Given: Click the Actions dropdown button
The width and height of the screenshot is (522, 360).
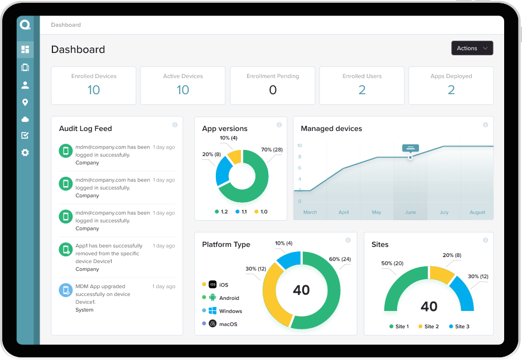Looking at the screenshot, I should tap(472, 48).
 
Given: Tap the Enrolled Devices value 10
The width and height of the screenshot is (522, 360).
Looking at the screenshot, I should tap(94, 90).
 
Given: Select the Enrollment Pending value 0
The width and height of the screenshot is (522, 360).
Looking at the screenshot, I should tap(273, 90).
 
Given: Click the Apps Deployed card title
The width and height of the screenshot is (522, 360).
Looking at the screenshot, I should tap(451, 76).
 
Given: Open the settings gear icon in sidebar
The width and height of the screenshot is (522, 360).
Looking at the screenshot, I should tap(25, 152).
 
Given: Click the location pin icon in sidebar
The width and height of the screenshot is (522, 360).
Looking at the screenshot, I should tap(25, 103).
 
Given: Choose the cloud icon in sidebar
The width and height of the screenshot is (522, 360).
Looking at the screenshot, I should tap(25, 119).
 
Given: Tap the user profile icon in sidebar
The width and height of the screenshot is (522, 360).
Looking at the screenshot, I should tap(25, 85).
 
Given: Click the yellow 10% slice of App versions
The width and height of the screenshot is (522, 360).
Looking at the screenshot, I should tap(234, 156).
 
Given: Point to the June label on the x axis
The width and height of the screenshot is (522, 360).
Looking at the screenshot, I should tap(410, 212).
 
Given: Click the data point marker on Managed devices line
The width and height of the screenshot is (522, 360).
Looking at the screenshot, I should tap(410, 157).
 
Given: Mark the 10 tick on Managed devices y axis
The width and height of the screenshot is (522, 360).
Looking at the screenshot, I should tap(299, 145).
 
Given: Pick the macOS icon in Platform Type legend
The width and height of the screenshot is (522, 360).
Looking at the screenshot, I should tap(212, 324).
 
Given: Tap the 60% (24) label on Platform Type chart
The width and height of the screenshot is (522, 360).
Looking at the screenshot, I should tap(340, 259).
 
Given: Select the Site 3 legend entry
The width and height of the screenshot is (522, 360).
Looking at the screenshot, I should tap(459, 327).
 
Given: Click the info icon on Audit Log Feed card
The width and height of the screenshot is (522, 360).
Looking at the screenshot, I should tap(175, 125).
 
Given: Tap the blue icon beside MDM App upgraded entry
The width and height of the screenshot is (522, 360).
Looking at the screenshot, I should tap(66, 290).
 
